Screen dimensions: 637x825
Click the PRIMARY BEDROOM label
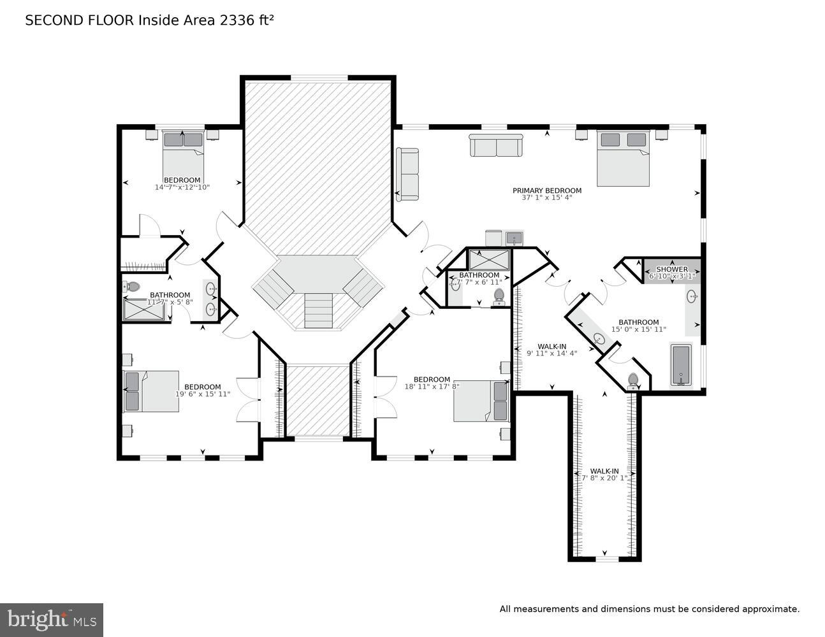pyautogui.click(x=546, y=190)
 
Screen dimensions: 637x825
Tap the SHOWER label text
pyautogui.click(x=671, y=269)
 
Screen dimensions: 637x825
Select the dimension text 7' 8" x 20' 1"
pyautogui.click(x=603, y=478)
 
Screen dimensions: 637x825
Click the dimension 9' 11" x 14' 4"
pyautogui.click(x=551, y=354)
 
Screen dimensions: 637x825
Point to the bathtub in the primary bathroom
pyautogui.click(x=681, y=365)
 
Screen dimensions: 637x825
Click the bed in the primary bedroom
pyautogui.click(x=623, y=158)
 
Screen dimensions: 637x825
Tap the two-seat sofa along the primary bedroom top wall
pyautogui.click(x=496, y=145)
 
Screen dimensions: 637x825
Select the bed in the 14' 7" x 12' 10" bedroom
pyautogui.click(x=182, y=148)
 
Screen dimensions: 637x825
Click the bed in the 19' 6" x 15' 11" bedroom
pyautogui.click(x=150, y=391)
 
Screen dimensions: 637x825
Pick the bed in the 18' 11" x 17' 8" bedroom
pyautogui.click(x=481, y=401)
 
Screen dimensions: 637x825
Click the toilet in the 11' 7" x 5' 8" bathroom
pyautogui.click(x=133, y=287)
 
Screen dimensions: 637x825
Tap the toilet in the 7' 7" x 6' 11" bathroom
pyautogui.click(x=499, y=296)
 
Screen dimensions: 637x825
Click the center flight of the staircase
pyautogui.click(x=318, y=310)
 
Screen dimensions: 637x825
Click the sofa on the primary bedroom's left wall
pyautogui.click(x=407, y=174)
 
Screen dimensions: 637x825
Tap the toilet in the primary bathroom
pyautogui.click(x=632, y=380)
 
